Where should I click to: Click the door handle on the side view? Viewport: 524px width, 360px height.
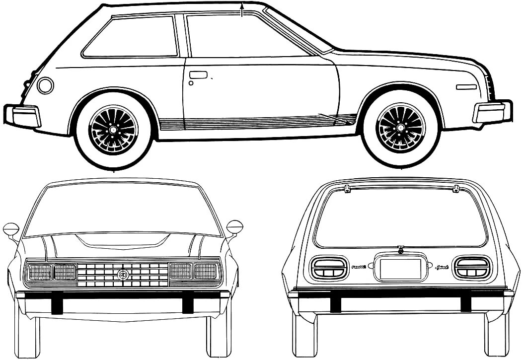tap(198, 74)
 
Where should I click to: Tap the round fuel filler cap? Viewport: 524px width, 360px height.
tap(45, 85)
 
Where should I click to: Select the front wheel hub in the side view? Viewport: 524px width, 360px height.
tap(400, 128)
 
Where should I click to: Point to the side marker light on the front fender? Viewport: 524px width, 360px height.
tap(466, 87)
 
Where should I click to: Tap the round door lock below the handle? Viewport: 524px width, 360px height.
tap(191, 83)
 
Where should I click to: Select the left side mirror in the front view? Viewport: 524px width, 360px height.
tap(10, 229)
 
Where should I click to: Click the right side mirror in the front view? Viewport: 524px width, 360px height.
tap(234, 227)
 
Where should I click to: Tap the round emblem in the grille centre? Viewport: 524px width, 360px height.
tap(122, 274)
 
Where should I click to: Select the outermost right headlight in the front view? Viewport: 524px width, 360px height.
tap(206, 271)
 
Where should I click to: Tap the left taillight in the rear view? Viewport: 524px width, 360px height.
tap(327, 268)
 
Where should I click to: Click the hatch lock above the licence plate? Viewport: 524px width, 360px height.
tap(400, 250)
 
